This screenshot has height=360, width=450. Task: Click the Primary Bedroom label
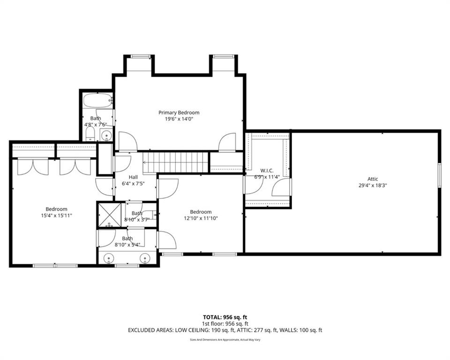pos(179,112)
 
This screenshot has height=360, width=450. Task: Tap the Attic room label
pos(373,179)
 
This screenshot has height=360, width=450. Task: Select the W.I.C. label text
pos(267,171)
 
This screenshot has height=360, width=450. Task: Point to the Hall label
pos(133,177)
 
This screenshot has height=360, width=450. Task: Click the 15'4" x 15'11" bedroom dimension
pos(56,215)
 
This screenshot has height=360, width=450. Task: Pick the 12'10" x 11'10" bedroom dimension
pos(201,218)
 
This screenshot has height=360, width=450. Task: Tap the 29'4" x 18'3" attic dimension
pos(373,186)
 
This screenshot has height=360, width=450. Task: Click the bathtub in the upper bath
pos(97,100)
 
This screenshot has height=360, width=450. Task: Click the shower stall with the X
pos(109,215)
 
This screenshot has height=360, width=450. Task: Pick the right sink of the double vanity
pos(145,258)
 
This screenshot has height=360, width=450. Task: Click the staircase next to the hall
pos(176,162)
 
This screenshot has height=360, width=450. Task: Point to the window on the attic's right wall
pos(439,175)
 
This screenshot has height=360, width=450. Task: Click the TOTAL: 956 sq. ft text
pos(225,317)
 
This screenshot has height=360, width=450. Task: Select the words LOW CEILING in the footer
pos(192,330)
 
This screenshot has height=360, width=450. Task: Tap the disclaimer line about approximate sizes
pos(225,340)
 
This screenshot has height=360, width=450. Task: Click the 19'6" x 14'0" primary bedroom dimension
pos(179,119)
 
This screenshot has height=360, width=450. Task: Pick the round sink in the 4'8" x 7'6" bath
pos(107,135)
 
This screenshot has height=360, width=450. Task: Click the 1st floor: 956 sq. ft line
pos(225,324)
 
